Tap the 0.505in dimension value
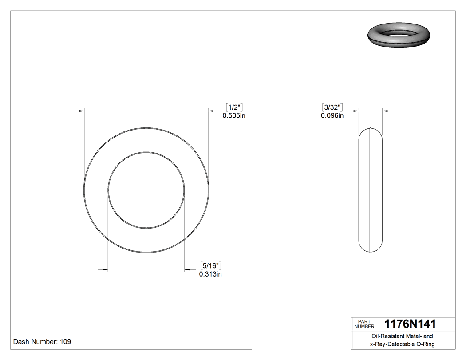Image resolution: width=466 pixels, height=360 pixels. point(234,115)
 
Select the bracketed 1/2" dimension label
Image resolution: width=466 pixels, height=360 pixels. point(234,107)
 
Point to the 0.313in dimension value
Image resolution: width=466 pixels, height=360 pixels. point(210,274)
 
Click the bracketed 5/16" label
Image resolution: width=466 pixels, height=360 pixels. point(211,266)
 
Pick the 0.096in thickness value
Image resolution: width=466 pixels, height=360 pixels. point(332,115)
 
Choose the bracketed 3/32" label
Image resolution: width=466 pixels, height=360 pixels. point(332,107)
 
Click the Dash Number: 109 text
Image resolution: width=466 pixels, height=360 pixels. point(42,342)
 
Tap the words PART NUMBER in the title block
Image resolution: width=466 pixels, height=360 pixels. point(364,324)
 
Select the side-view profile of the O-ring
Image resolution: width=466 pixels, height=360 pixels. point(370,190)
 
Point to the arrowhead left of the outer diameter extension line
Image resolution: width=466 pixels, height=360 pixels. point(81,111)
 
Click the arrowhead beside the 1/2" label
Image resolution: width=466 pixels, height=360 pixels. point(212,111)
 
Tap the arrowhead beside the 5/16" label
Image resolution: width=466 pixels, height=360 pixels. point(188,269)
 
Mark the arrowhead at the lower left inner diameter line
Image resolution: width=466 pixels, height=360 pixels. point(105,269)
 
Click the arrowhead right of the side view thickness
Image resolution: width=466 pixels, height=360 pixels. point(385,111)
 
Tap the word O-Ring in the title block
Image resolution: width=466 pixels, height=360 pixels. point(425,344)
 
